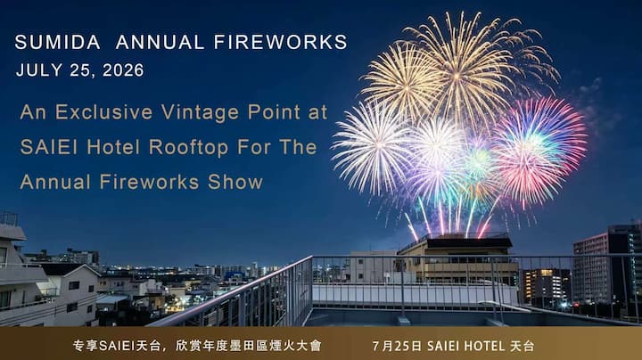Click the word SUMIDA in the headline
pos(57,42)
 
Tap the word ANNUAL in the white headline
pos(160,42)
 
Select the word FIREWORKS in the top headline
pos(281,42)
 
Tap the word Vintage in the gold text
pos(200,113)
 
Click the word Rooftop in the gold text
pos(188,148)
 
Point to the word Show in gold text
pos(235,182)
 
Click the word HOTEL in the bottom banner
pos(482,346)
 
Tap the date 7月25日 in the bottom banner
pos(397,346)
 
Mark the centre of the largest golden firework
pos(457,75)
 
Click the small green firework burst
pos(478,160)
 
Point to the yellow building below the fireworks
pos(458,258)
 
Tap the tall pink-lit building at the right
pos(590,268)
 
